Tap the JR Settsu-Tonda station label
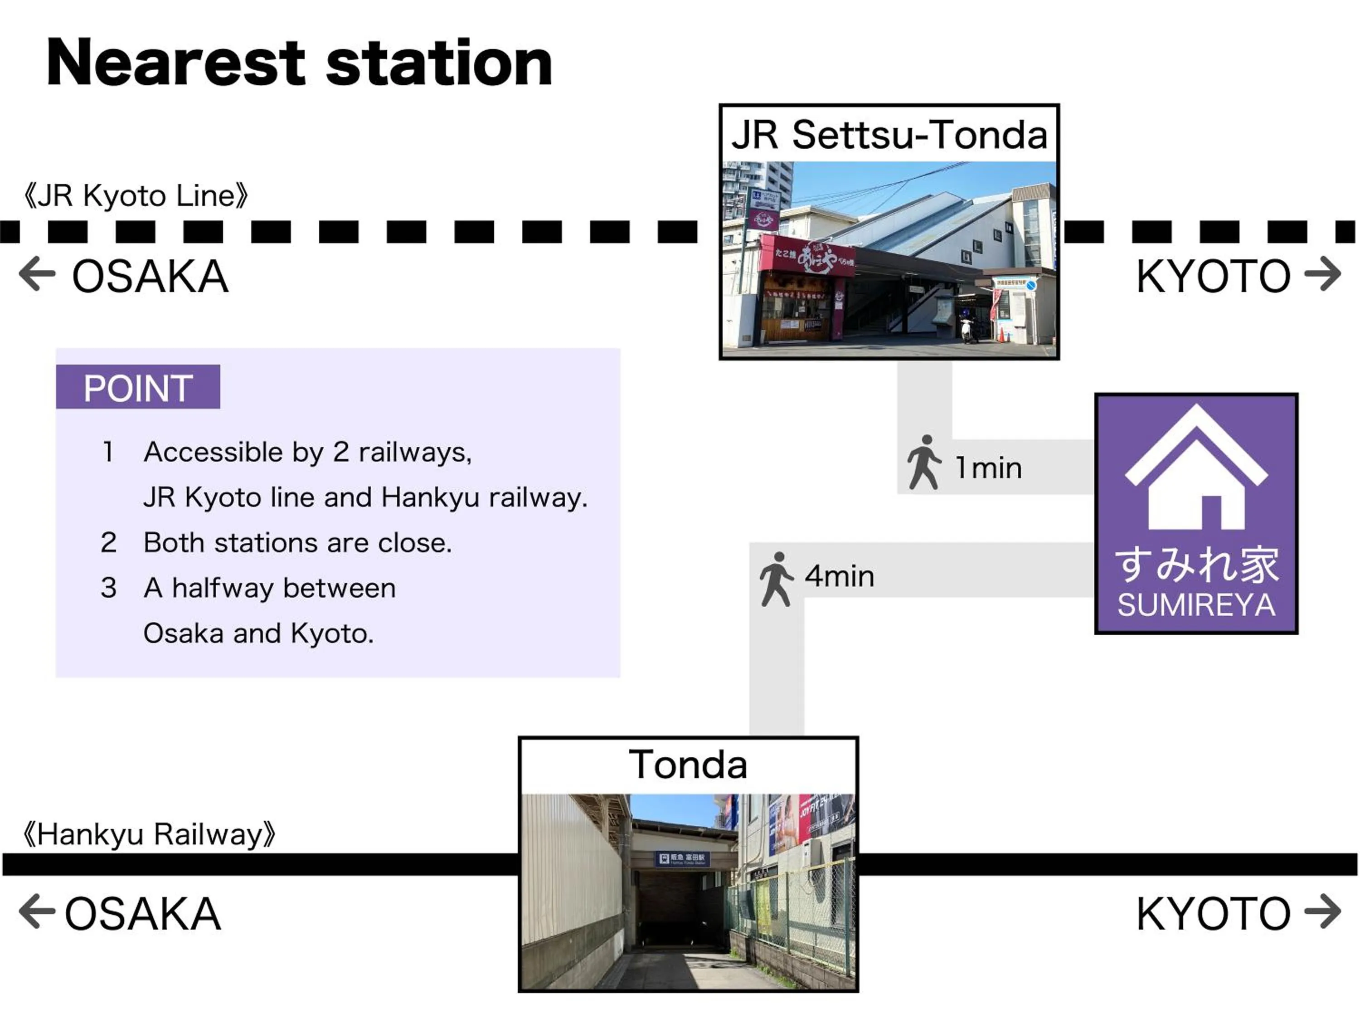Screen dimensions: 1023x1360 (889, 135)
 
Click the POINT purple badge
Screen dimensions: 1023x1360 (138, 388)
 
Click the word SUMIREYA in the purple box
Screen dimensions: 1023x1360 (1196, 605)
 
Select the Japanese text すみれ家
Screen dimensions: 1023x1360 (1196, 564)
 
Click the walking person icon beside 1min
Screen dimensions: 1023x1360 (924, 463)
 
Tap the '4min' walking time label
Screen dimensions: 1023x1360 (839, 576)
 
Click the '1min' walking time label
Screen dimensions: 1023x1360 (988, 468)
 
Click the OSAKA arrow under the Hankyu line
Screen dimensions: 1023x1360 (37, 911)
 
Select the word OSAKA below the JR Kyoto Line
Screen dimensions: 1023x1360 (150, 277)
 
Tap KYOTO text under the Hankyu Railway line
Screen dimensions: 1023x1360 (1213, 914)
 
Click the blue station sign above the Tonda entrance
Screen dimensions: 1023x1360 (682, 859)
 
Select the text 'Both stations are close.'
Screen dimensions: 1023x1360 (297, 543)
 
